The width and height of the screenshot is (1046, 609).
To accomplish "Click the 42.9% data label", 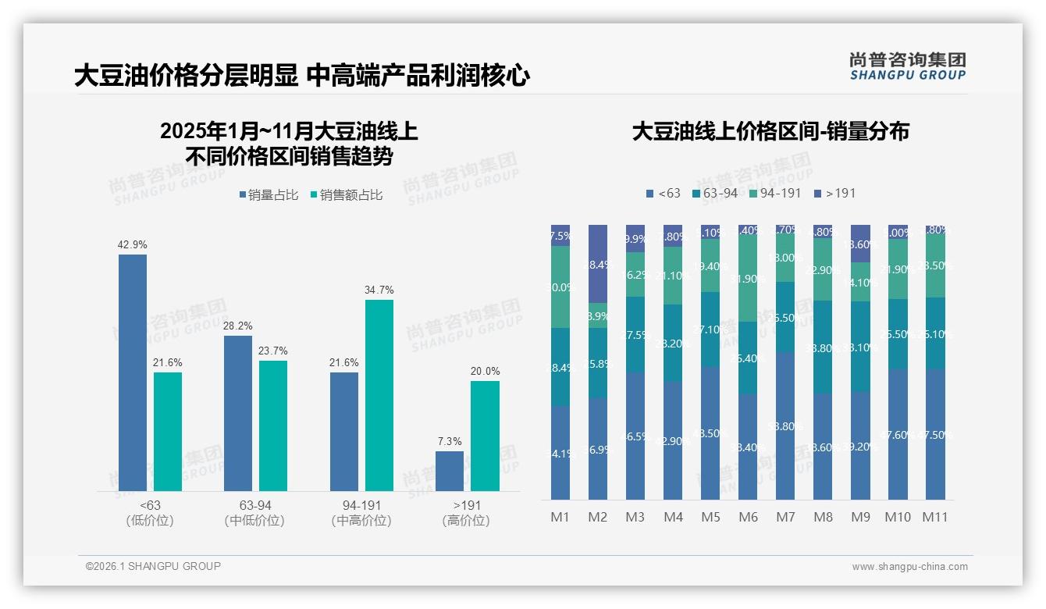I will coord(132,244).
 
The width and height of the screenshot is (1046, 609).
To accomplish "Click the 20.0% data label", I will coord(485,371).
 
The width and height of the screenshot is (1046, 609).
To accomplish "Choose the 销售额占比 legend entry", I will coord(347,195).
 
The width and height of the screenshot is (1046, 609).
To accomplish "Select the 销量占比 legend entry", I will coord(269,195).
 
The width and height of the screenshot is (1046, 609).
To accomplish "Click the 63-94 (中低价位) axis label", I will coord(254,513).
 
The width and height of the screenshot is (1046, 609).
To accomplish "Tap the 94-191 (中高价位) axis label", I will coord(361,513).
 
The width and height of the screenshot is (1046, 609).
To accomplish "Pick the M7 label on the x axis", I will coord(785,517).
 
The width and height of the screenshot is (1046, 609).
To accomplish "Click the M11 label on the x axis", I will coord(934,517).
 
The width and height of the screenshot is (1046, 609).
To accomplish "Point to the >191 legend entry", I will coord(834,193).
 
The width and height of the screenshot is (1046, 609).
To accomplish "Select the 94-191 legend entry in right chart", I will coord(774,193).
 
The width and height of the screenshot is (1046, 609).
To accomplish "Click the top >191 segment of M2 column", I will coord(598,263).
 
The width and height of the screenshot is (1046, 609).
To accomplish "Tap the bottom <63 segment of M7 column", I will coord(785,426).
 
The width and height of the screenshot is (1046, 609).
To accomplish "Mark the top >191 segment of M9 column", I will coord(859,244).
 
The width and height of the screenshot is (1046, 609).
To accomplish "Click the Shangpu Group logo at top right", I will coord(907,66).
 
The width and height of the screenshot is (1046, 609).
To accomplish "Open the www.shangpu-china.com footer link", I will coord(909,567).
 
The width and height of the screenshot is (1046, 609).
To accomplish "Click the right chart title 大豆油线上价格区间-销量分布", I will coord(770,132).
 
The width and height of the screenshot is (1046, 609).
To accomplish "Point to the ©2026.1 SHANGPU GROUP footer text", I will coord(153,566).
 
